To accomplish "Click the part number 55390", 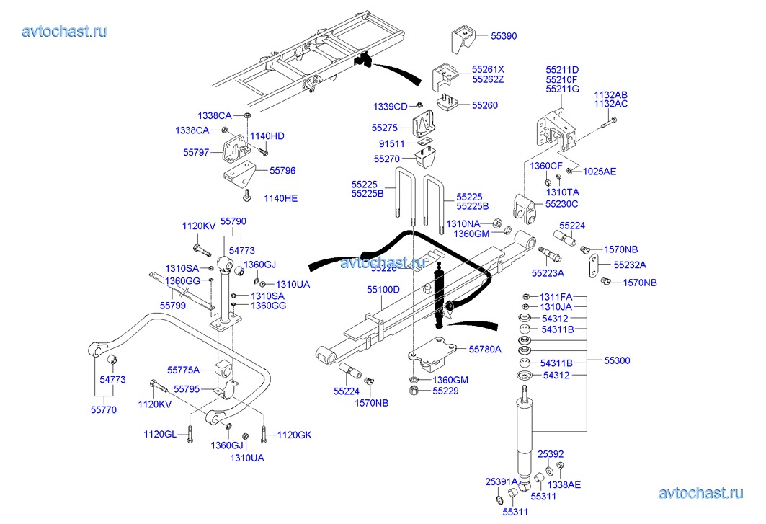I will tap(504, 35).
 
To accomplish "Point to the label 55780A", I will tap(484, 349).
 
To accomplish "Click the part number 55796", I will tap(282, 171).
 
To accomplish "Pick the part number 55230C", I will tap(562, 204).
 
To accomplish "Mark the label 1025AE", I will tap(600, 172).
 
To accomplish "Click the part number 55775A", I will tap(184, 370).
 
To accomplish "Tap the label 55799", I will tap(173, 305).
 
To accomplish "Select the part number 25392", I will tap(551, 454).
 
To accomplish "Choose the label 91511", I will tap(391, 143).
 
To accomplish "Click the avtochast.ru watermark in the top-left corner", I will tap(65, 31).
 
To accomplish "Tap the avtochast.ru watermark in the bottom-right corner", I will tap(700, 493).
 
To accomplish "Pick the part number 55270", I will tap(387, 159).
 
